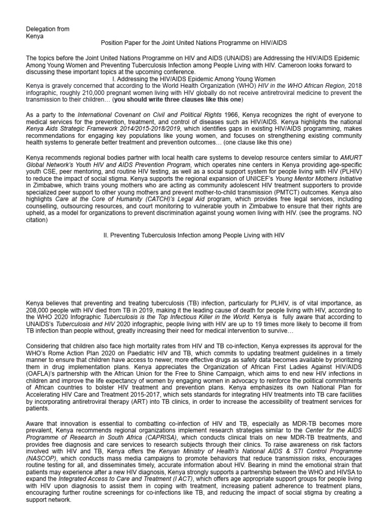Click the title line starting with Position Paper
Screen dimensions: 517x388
click(x=194, y=44)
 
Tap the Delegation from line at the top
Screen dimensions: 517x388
click(x=47, y=29)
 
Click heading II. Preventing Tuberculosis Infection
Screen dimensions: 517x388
click(x=194, y=236)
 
